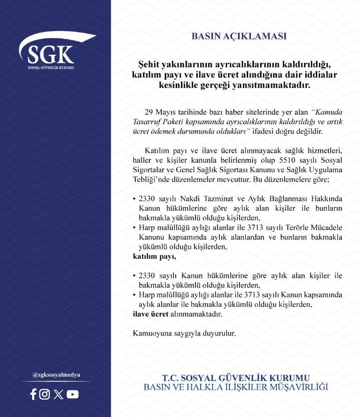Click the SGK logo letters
(51, 55)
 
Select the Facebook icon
(33, 394)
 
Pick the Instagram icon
(45, 394)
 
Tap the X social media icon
(59, 394)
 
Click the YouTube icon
(72, 394)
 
